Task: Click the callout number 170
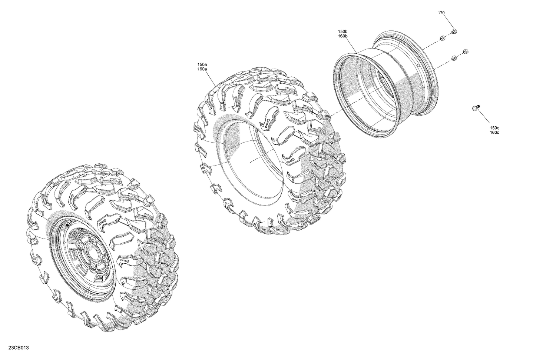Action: [x=441, y=13]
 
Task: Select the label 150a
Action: [x=202, y=64]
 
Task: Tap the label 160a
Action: [x=202, y=69]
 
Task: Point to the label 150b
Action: [x=342, y=31]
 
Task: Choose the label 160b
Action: [x=342, y=36]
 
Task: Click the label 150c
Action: [x=494, y=128]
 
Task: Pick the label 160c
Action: [x=494, y=132]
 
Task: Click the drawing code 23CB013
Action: [x=17, y=348]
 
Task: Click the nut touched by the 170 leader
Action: [x=454, y=31]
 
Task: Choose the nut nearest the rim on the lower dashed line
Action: [x=454, y=57]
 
